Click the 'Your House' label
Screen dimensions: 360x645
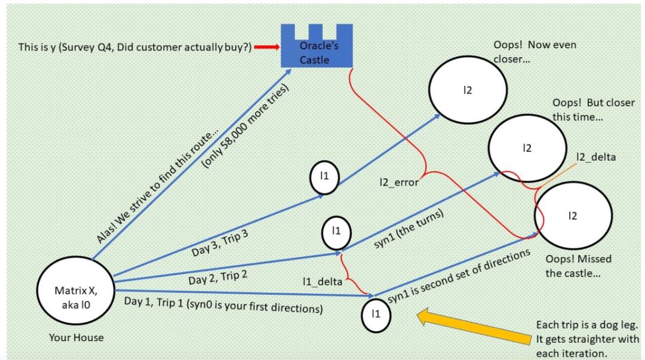point(76,338)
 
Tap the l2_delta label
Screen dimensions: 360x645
point(597,157)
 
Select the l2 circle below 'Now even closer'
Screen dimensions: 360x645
point(468,90)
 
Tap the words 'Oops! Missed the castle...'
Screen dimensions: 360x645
point(579,266)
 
